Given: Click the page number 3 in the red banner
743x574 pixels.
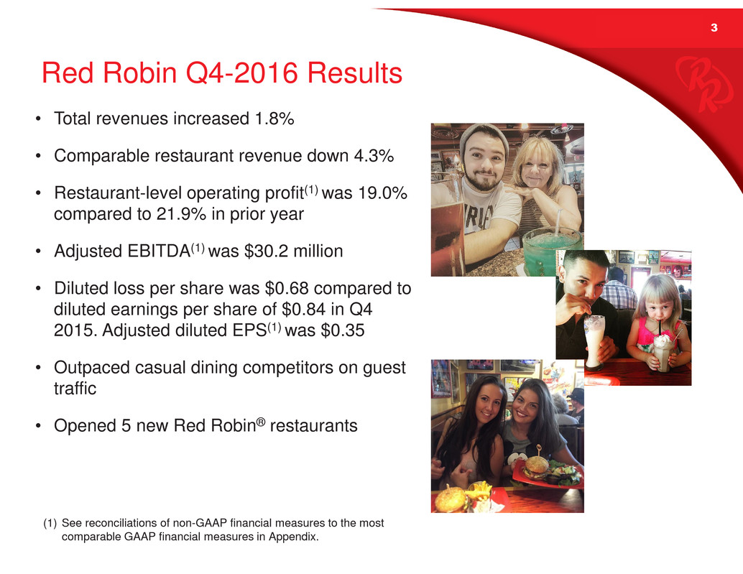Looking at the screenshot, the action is (x=714, y=28).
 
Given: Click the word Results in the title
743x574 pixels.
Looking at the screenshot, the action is (x=355, y=73).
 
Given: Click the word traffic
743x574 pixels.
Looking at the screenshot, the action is (x=75, y=389).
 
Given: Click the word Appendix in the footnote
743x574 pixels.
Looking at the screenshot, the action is (x=293, y=537).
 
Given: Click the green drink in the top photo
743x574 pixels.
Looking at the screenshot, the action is (x=550, y=251).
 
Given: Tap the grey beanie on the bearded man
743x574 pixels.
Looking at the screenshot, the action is (x=484, y=135).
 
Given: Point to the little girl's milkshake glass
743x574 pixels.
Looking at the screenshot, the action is (x=664, y=353).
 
